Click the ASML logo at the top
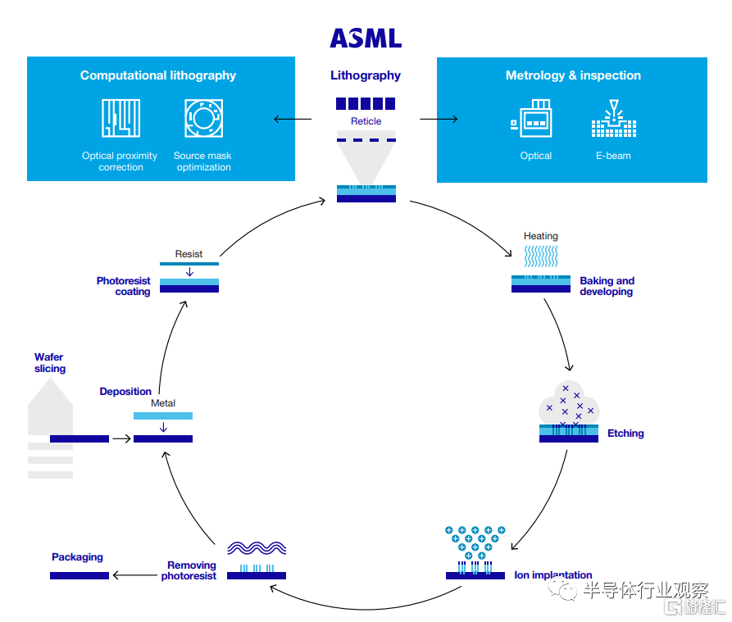click(366, 38)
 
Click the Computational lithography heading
click(158, 75)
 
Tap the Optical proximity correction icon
click(120, 118)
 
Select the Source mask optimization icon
click(202, 118)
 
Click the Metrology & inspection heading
click(573, 75)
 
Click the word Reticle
click(366, 121)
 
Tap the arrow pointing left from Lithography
click(292, 120)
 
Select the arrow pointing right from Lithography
click(439, 120)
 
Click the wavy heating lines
click(541, 257)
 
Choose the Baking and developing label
click(607, 286)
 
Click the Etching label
click(625, 434)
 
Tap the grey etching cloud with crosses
click(570, 404)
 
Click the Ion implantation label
click(552, 575)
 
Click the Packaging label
click(77, 557)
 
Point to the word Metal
click(163, 403)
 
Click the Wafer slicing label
click(50, 363)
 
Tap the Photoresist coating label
click(124, 286)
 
